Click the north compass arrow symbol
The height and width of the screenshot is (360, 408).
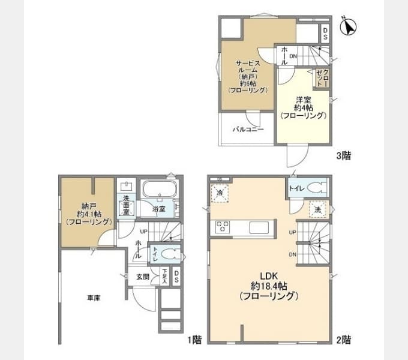[349, 27]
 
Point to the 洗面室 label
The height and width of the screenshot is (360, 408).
[126, 205]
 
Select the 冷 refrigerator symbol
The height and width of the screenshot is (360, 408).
[220, 193]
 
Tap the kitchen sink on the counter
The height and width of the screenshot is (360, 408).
[258, 227]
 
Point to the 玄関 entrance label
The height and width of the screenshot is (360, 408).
[143, 277]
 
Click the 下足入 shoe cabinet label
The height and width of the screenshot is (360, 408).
[164, 277]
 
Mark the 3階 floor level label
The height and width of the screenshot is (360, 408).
[343, 155]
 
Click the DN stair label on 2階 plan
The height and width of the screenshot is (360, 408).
[293, 255]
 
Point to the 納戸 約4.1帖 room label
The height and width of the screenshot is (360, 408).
[88, 213]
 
